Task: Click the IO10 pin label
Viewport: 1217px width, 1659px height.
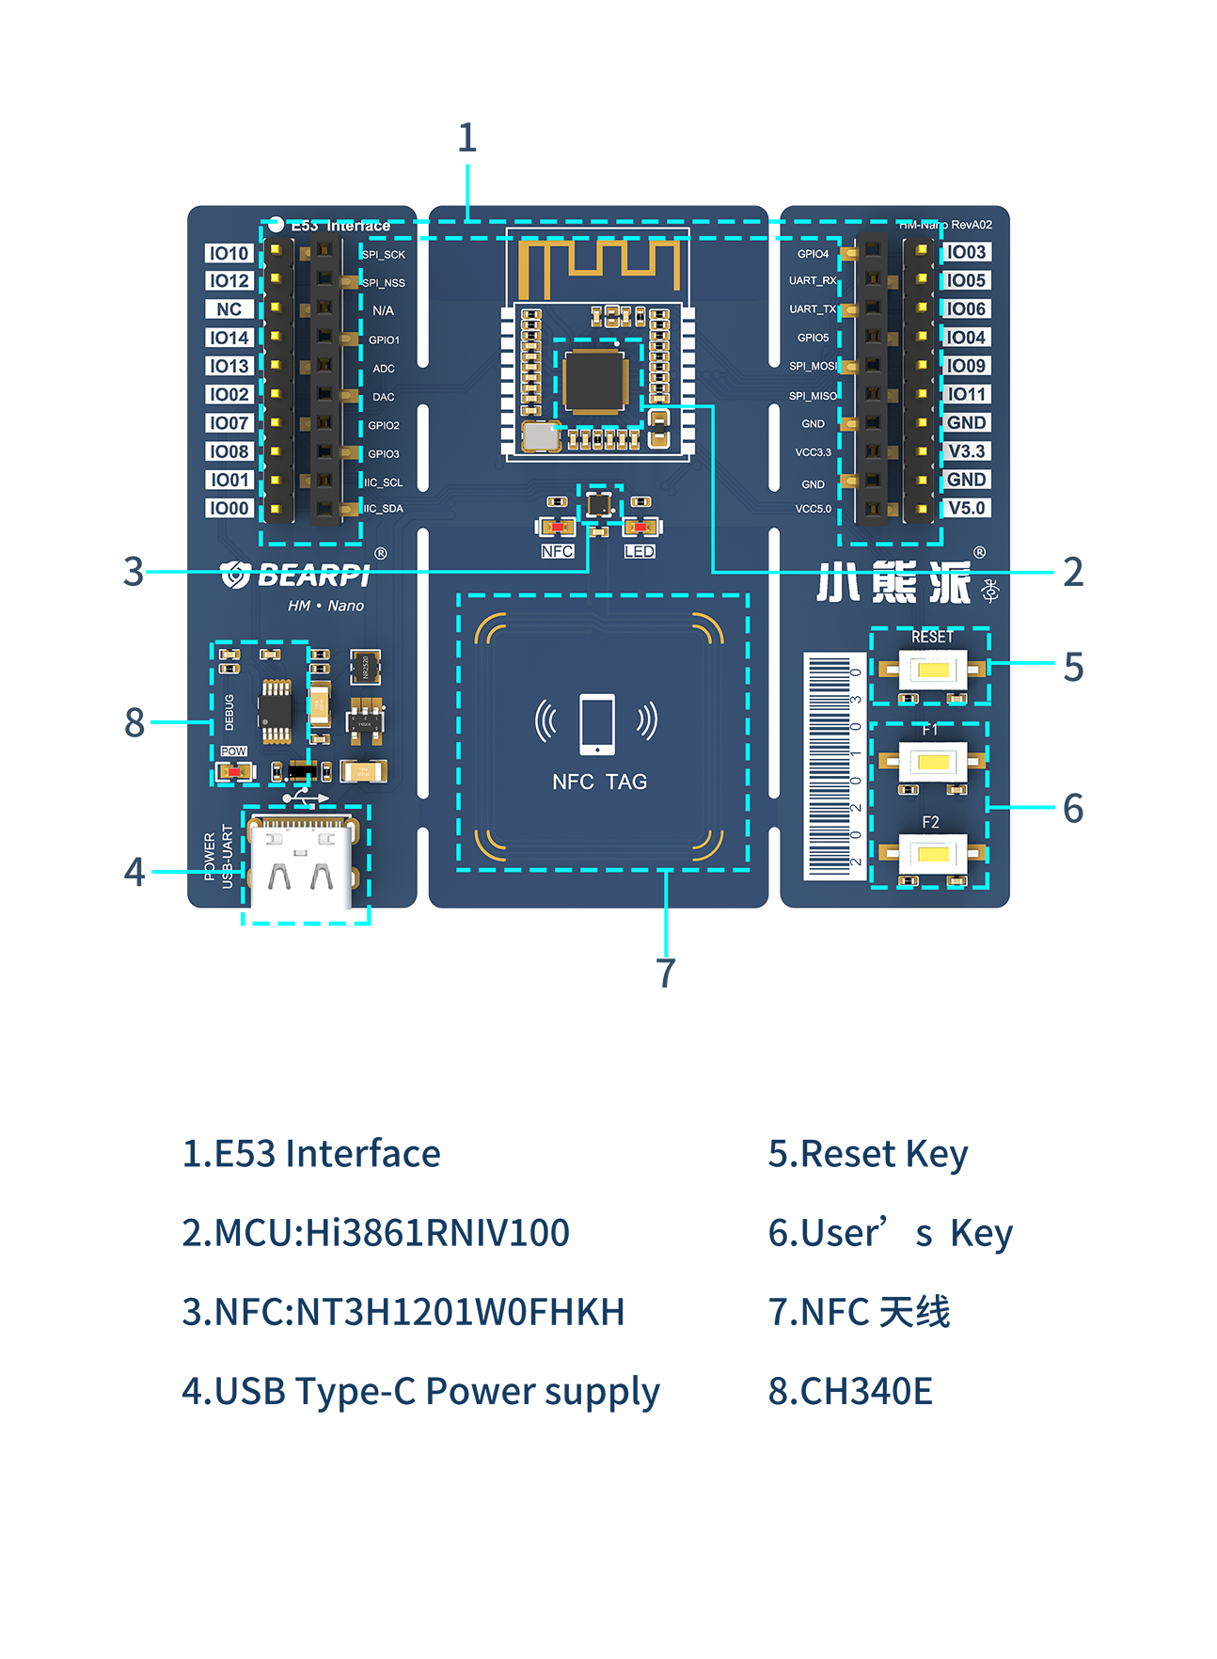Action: tap(229, 253)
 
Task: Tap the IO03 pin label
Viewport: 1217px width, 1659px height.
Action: tap(966, 252)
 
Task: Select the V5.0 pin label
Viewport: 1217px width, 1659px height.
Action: tap(966, 508)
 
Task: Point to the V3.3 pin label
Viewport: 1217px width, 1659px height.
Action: tap(966, 451)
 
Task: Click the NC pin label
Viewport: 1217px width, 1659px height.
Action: tap(229, 309)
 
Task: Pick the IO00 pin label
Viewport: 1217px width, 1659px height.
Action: tap(229, 508)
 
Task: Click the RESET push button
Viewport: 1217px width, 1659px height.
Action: tap(932, 670)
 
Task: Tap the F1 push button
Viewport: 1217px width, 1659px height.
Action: tap(932, 761)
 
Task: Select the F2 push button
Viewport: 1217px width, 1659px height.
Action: tap(932, 854)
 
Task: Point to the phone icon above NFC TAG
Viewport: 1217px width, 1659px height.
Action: tap(597, 724)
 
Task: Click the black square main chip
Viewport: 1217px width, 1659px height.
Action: tap(596, 379)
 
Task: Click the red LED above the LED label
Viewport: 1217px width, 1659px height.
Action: tap(640, 527)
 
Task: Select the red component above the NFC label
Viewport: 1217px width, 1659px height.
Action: tap(556, 527)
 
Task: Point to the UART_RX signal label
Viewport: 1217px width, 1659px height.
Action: tap(813, 280)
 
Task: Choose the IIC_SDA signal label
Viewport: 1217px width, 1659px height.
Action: tap(384, 509)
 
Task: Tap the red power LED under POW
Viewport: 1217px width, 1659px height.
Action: tap(234, 772)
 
